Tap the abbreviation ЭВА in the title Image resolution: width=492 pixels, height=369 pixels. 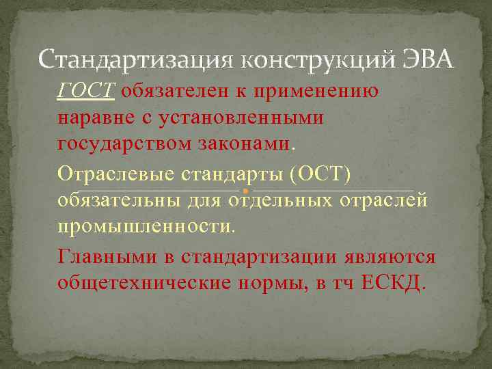(426, 61)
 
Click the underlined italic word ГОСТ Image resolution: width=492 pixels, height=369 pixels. (87, 92)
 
